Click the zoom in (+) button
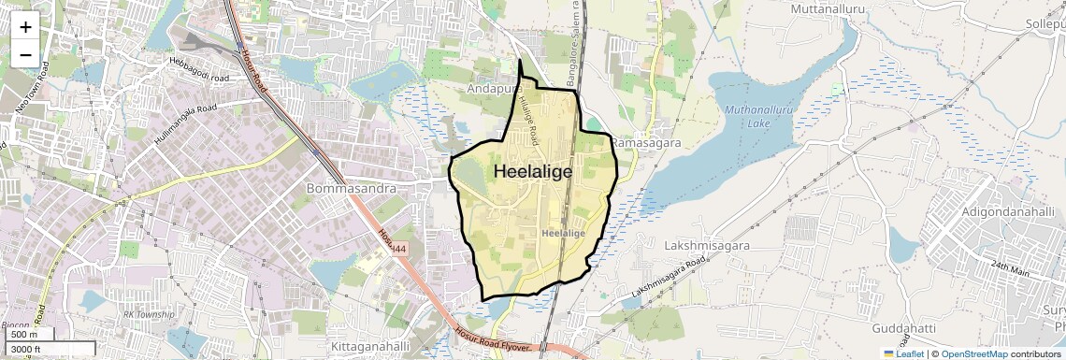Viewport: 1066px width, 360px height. pos(25,27)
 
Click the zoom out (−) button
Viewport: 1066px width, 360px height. pos(25,55)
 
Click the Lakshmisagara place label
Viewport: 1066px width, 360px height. pos(706,244)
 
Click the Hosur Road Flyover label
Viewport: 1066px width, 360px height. pos(495,340)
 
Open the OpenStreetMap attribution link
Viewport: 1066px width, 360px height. pos(973,353)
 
